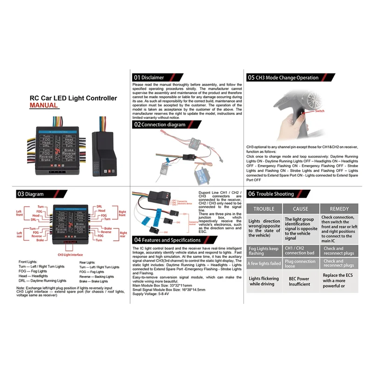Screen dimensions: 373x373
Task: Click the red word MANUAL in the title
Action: coord(44,105)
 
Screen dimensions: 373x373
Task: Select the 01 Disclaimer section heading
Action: coord(149,77)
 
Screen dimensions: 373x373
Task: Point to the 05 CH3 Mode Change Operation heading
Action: coord(283,77)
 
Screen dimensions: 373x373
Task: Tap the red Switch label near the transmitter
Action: coord(319,111)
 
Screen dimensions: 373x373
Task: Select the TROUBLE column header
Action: coord(264,209)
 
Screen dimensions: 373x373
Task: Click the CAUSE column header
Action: coord(301,209)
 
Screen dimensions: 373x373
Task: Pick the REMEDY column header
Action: coord(339,209)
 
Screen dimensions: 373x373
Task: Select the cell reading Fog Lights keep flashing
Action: coord(264,251)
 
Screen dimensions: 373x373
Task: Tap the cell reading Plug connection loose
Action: coord(301,264)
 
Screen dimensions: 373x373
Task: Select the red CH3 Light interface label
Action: coord(70,255)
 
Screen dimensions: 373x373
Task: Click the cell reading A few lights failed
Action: coord(264,264)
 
